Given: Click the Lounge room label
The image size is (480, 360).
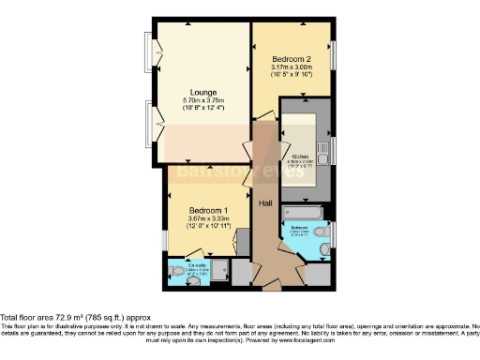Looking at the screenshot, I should click(202, 93).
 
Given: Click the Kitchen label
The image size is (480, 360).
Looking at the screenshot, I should click(301, 157).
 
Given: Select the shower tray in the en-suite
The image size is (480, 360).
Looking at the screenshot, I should click(221, 271).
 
